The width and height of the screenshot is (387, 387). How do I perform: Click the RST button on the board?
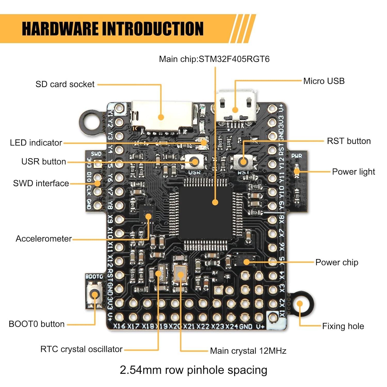pos(243,162)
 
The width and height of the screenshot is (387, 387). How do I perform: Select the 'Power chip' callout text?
pos(337,262)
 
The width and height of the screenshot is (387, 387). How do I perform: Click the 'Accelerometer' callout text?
pos(44,239)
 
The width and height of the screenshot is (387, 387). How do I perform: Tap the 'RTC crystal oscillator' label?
pos(81,349)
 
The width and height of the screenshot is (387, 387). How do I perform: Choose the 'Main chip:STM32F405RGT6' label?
pos(214,59)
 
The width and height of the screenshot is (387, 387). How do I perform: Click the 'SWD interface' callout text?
pos(41,183)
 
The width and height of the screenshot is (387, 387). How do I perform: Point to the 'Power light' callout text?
pos(353,172)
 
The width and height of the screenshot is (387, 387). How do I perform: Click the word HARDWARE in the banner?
pos(60,29)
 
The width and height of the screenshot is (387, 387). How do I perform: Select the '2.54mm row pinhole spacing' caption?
pos(193,370)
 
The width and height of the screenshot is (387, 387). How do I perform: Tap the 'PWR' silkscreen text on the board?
pos(296,156)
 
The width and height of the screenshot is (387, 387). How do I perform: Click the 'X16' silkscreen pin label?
pos(119,326)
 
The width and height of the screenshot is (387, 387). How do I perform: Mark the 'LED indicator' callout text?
pos(36,143)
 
